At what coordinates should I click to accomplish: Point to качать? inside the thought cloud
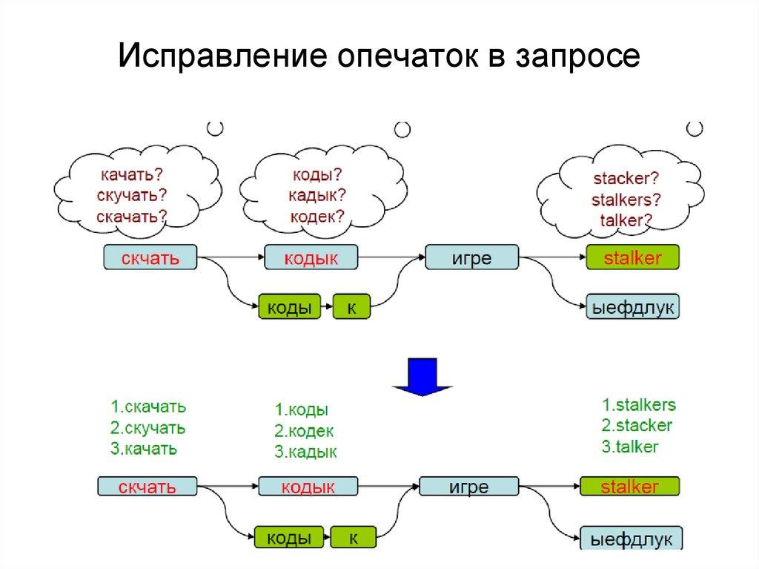130,176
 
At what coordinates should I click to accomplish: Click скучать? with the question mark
131,196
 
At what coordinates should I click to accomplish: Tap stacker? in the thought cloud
626,179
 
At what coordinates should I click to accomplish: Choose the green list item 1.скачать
148,407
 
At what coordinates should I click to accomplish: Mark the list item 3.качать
144,448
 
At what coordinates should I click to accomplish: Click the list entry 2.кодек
304,431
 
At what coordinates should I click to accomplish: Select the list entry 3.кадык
305,452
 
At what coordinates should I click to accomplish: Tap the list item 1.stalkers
638,405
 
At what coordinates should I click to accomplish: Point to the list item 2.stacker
636,426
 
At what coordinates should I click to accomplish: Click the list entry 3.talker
629,447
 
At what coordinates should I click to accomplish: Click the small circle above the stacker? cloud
695,128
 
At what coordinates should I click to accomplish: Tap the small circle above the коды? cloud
402,130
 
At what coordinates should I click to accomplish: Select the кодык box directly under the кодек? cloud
311,258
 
